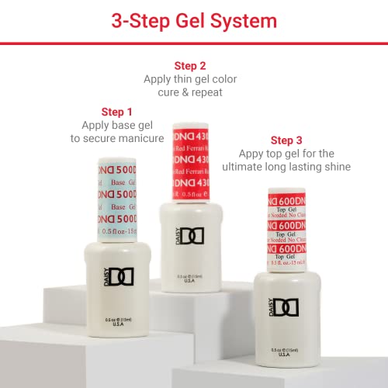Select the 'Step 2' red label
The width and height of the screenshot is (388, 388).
(x=190, y=65)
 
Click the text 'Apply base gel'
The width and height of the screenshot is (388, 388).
(x=123, y=125)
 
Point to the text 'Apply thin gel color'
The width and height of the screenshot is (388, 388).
(x=190, y=79)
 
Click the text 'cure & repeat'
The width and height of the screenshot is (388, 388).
(x=190, y=93)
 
